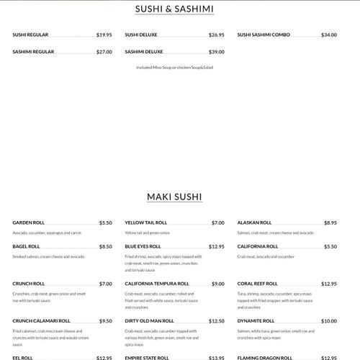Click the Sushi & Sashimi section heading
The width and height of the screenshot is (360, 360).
coord(174,9)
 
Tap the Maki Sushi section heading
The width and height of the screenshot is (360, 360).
coord(174,197)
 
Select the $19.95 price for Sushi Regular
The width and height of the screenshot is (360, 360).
coord(104,35)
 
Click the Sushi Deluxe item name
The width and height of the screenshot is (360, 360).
coord(141,35)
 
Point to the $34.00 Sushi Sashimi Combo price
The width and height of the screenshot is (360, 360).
coord(329,35)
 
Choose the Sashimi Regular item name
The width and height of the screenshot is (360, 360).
coord(33,52)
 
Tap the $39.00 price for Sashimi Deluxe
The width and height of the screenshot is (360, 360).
coord(217,52)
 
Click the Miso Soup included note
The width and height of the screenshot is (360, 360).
coord(174,68)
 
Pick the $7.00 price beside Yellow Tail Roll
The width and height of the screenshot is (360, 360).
coord(218,223)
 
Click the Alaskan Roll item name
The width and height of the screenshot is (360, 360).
coord(254,223)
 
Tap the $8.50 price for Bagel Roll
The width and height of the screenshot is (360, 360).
coord(106,246)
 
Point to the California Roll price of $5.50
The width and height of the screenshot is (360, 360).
coord(330,246)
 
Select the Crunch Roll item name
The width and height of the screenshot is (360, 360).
coord(29,284)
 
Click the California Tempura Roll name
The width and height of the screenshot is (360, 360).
coord(157,284)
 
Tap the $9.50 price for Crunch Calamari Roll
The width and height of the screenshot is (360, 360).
coord(106,321)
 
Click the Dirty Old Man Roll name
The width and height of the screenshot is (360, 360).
coord(149,321)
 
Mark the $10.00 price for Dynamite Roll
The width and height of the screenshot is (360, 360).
coord(329,321)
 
